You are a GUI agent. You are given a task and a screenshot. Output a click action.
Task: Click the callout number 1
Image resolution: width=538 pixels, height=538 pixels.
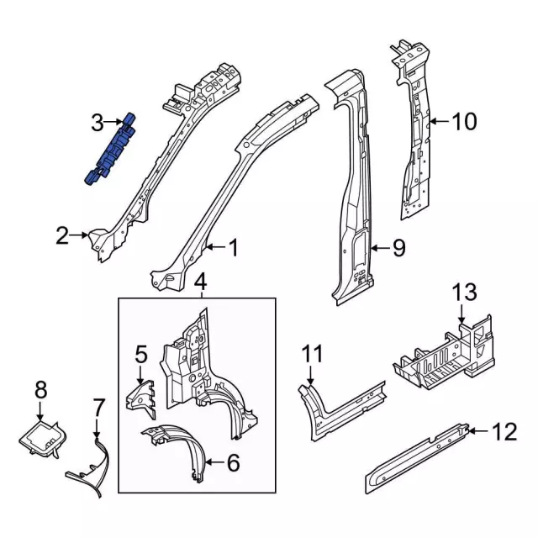click(233, 248)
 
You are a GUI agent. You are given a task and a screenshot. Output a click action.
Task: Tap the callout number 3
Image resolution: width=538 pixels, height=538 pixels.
click(98, 124)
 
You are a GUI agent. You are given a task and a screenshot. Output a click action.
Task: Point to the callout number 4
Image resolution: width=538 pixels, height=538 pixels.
click(200, 281)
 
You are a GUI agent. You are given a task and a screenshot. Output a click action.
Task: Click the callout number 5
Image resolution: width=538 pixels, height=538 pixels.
click(140, 353)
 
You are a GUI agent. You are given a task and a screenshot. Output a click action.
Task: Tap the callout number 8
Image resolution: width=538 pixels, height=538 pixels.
click(40, 388)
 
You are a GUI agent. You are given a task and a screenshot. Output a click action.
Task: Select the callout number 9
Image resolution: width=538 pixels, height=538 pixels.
click(398, 248)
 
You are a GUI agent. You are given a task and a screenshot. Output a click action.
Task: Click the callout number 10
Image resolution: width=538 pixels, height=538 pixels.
click(463, 123)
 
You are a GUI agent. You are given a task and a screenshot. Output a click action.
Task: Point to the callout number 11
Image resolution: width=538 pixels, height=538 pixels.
click(312, 354)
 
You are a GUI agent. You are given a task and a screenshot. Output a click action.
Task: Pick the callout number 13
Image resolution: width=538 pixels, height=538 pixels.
click(465, 293)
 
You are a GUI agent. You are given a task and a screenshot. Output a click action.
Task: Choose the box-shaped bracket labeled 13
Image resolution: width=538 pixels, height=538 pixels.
click(441, 353)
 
